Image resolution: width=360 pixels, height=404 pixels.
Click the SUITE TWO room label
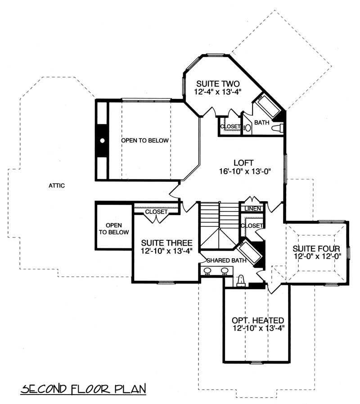tap(217, 84)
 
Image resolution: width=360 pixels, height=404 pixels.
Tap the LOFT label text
tap(243, 162)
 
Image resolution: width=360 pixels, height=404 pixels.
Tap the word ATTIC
tap(57, 185)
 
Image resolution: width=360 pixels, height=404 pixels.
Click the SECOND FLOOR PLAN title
tap(84, 388)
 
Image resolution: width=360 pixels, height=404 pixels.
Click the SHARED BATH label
tap(222, 260)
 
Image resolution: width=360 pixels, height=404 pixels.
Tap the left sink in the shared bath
tap(208, 271)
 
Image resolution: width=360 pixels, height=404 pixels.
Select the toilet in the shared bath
tap(241, 281)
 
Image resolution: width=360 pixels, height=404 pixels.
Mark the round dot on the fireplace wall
tap(103, 140)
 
